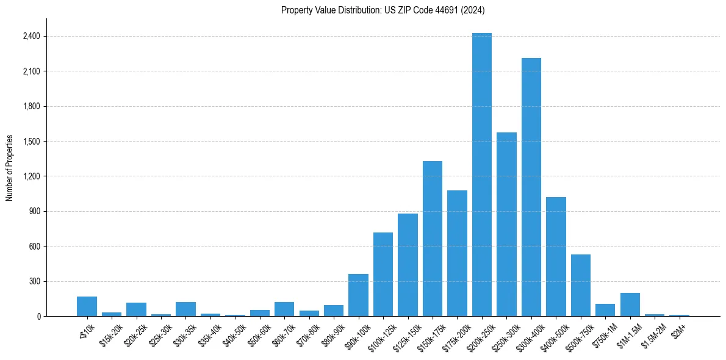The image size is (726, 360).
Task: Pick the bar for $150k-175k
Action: point(433,239)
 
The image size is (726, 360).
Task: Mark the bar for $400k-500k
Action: point(556,256)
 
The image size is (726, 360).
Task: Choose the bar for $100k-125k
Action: point(383,274)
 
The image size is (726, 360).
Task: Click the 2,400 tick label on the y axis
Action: point(31,36)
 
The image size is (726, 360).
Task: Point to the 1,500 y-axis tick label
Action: point(31,141)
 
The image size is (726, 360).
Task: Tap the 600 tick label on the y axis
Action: point(35,247)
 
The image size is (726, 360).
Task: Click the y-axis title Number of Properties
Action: point(10,168)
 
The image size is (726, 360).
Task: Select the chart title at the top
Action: point(383,10)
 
